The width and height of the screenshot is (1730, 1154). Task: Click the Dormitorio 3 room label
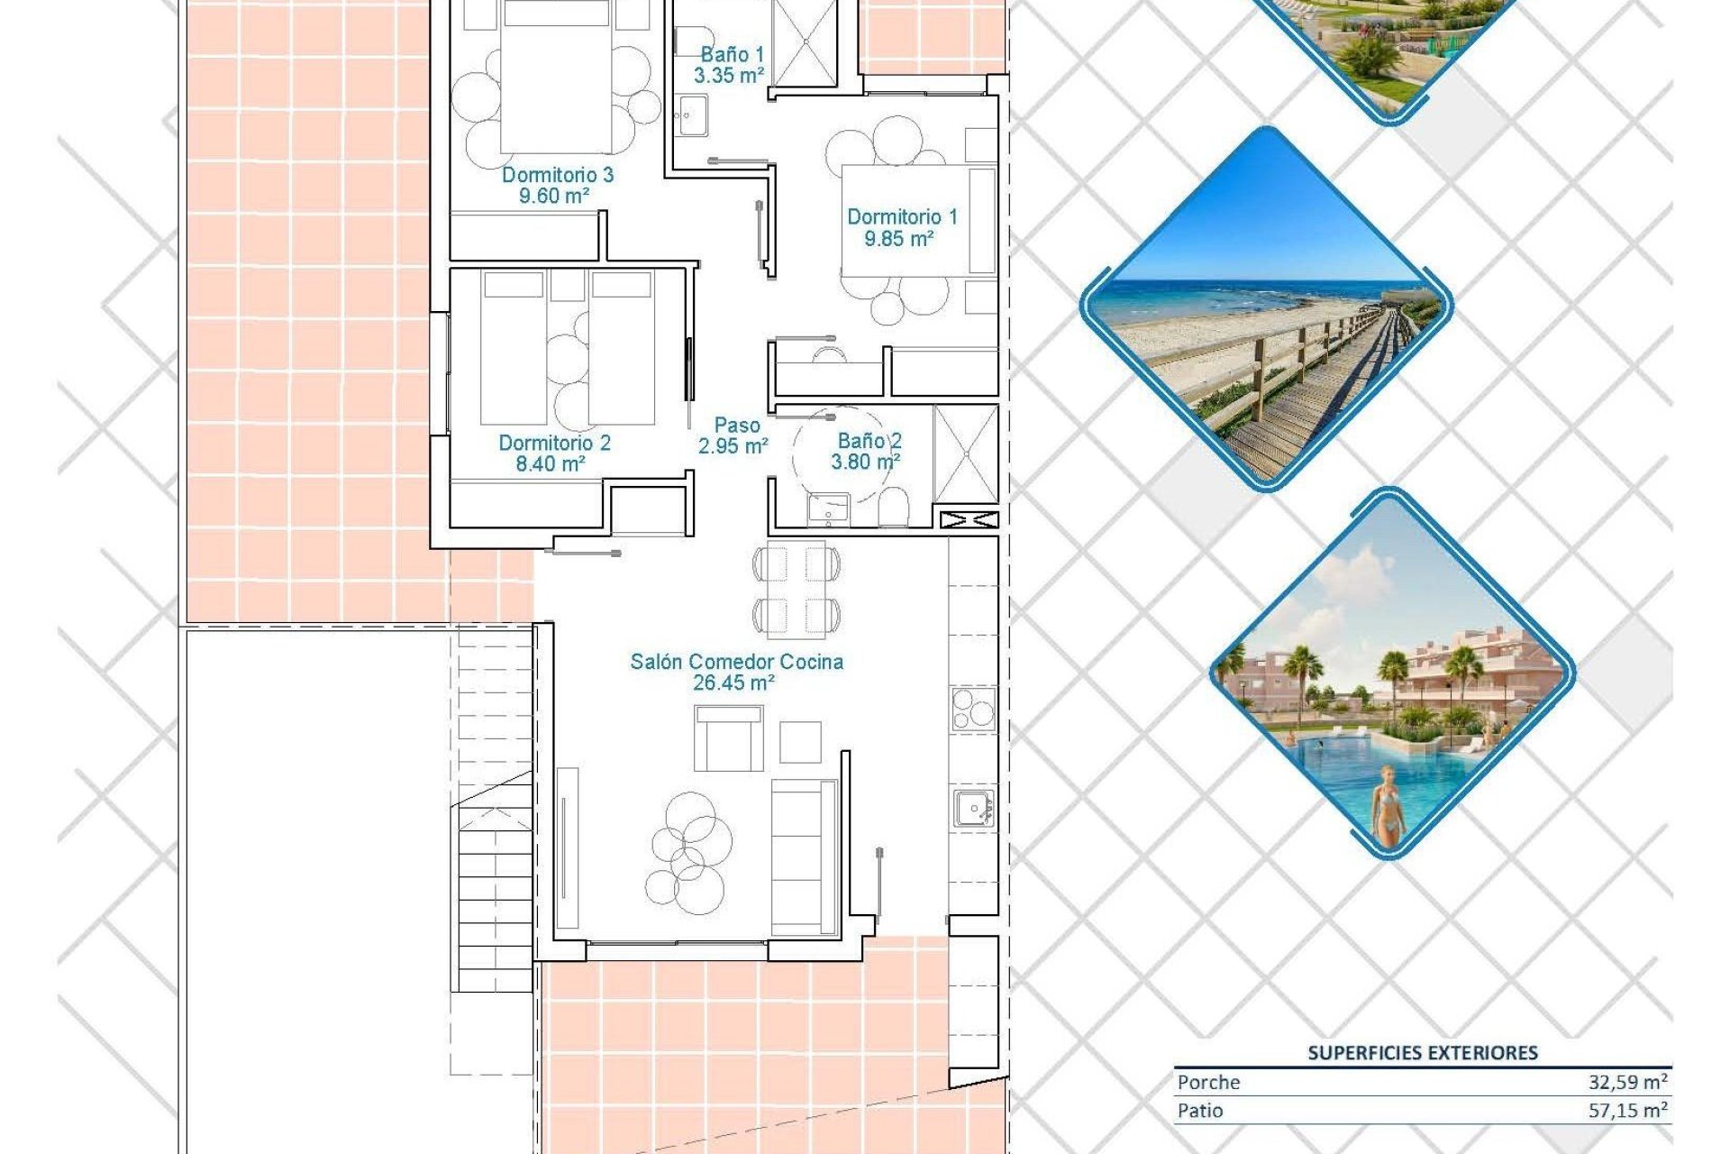click(x=557, y=175)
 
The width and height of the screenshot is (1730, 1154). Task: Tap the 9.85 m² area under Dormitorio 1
click(x=898, y=239)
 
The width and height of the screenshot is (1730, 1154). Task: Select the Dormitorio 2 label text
click(x=554, y=443)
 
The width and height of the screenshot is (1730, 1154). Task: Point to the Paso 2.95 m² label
click(x=734, y=435)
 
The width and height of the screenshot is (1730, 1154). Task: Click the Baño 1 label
click(x=731, y=55)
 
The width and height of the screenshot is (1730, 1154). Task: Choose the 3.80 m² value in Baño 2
click(x=865, y=463)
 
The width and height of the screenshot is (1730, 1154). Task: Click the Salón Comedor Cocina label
click(x=736, y=662)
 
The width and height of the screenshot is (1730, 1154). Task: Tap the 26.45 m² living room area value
click(x=733, y=683)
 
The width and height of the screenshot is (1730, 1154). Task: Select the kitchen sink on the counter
click(x=973, y=808)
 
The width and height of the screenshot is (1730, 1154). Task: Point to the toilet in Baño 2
click(x=894, y=508)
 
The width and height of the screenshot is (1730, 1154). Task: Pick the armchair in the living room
click(x=728, y=738)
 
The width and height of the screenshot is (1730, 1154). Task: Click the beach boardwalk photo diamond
click(x=1266, y=308)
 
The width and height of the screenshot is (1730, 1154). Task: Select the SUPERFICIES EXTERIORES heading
click(x=1422, y=1053)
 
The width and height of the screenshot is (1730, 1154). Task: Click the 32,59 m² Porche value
click(x=1627, y=1082)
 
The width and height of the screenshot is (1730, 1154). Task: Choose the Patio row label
click(x=1200, y=1111)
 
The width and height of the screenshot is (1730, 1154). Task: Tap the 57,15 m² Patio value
click(x=1627, y=1111)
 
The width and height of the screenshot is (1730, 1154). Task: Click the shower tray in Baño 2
click(x=966, y=453)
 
